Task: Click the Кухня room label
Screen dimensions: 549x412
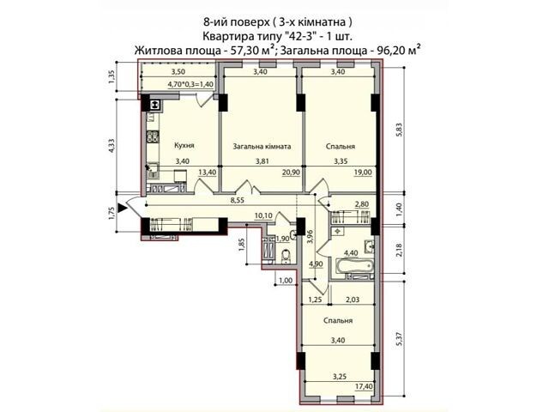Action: [184, 146]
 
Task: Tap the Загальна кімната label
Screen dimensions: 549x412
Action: [262, 147]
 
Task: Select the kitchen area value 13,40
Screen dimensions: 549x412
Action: [208, 172]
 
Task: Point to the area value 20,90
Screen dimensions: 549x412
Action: [291, 172]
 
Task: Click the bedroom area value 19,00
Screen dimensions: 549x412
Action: [363, 172]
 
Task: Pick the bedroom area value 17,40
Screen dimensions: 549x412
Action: [363, 386]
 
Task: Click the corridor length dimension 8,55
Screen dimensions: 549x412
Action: [237, 200]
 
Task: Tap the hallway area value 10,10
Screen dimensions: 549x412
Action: [263, 215]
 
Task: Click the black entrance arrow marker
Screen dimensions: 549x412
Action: [122, 208]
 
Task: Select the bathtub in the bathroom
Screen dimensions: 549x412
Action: [354, 265]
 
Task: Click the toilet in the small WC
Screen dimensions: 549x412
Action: [287, 257]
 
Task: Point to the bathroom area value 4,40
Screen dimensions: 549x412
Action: [351, 252]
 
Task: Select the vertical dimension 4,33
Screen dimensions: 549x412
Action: [112, 146]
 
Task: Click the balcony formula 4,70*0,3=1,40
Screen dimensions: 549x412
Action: [190, 84]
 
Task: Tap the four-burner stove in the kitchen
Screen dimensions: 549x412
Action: [153, 136]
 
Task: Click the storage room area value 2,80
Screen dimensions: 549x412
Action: [362, 204]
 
